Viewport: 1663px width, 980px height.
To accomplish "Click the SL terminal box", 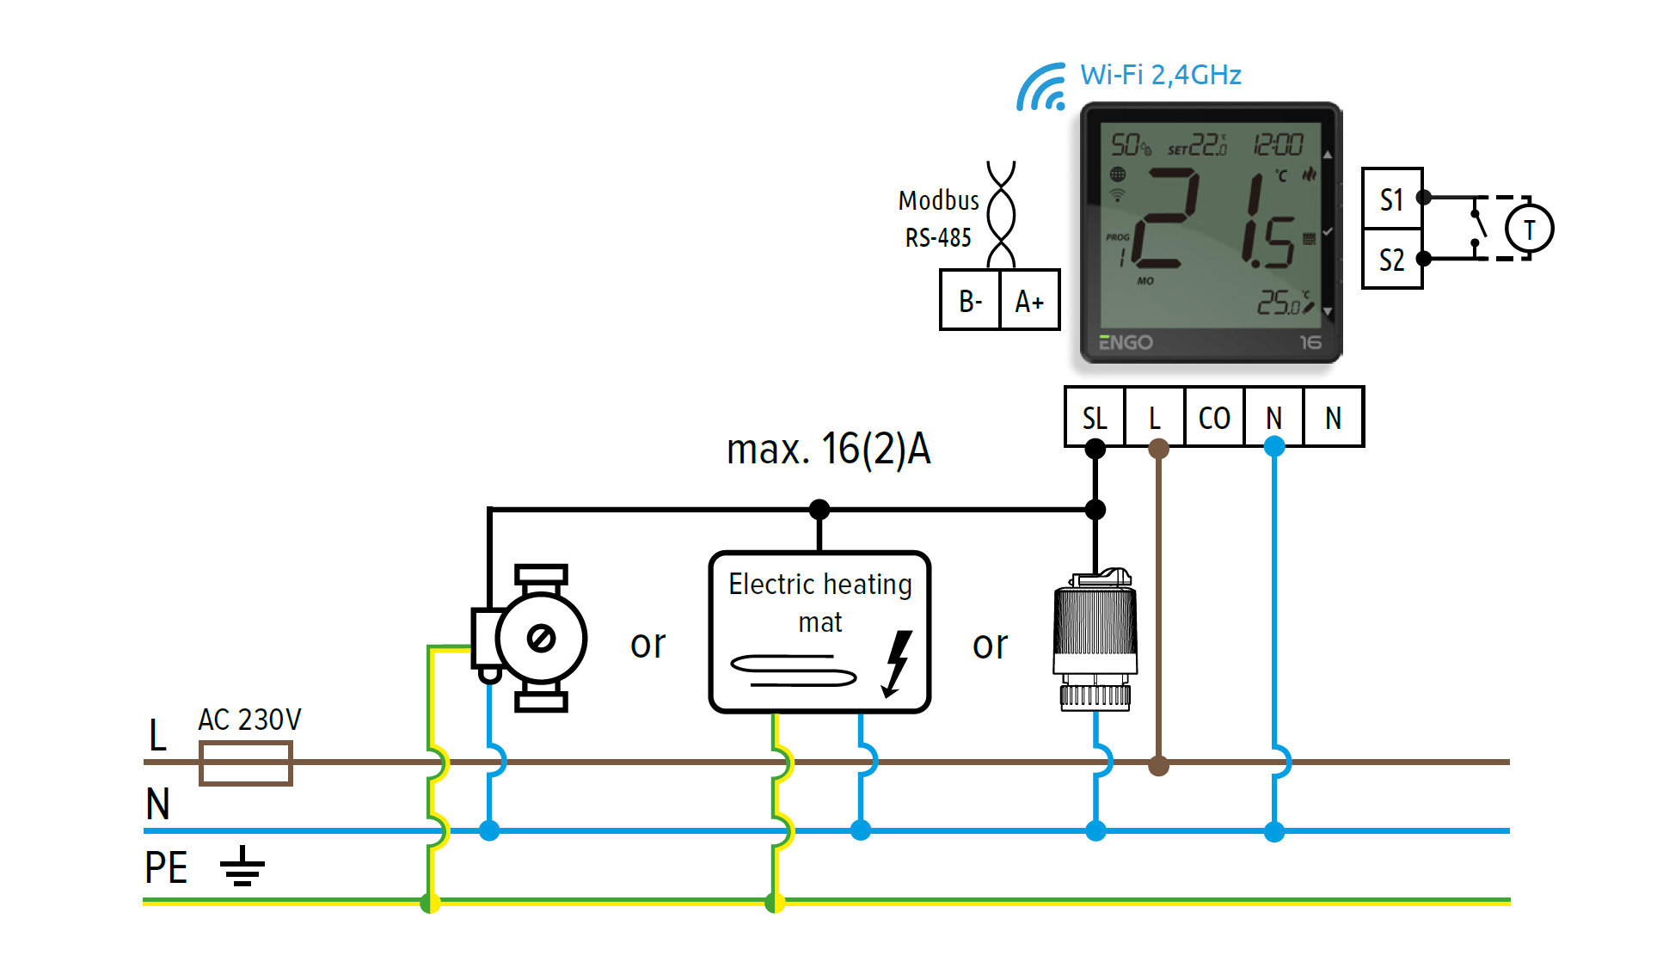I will (1095, 418).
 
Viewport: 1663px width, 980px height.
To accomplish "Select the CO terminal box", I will (1214, 418).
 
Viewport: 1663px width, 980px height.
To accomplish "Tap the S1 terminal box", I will (1392, 199).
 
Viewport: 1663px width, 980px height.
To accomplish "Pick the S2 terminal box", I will (1392, 260).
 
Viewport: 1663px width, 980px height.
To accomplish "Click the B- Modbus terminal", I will (970, 301).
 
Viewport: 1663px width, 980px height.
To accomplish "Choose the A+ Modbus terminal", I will (1029, 301).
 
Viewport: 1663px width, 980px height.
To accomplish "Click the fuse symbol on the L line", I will (246, 763).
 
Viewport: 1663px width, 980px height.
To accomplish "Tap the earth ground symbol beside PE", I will (242, 866).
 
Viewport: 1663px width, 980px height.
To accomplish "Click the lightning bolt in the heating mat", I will (897, 663).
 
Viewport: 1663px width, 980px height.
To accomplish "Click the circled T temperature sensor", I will (1529, 230).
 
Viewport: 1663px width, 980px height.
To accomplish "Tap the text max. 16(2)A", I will (828, 449).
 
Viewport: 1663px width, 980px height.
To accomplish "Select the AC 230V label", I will (249, 720).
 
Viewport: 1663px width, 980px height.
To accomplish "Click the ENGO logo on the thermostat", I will (1126, 342).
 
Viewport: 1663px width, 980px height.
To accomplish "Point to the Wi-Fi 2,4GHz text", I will (1161, 75).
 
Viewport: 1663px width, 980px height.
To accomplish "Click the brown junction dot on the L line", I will (1159, 765).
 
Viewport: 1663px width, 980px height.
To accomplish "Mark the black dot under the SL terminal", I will (1095, 449).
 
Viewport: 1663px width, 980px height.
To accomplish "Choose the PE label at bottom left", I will (166, 867).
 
